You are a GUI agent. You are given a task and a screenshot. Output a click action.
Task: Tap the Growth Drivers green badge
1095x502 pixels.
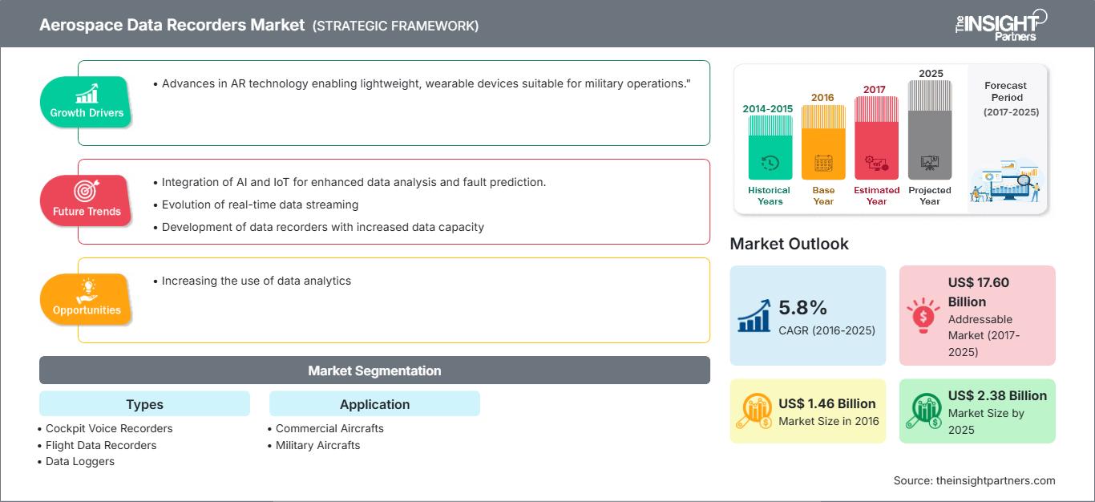86,102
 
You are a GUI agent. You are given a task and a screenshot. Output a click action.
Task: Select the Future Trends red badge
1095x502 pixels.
86,200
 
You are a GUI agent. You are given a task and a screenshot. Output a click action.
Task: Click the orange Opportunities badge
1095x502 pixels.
86,299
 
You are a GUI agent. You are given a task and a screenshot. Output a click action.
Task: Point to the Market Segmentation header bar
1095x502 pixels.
374,370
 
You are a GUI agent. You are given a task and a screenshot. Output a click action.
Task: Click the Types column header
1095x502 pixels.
144,404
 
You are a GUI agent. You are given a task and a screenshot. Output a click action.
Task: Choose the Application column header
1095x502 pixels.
374,404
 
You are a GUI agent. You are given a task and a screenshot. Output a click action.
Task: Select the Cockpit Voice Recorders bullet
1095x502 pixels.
109,428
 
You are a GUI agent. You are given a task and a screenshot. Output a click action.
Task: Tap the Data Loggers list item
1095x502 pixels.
80,461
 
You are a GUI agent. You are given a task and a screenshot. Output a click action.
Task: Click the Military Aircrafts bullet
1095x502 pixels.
317,445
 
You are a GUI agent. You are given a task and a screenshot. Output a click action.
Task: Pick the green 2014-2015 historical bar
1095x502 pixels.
770,148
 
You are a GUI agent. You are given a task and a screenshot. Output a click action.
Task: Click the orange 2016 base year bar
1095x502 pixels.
823,143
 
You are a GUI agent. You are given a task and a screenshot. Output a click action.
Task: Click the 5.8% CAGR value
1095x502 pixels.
802,307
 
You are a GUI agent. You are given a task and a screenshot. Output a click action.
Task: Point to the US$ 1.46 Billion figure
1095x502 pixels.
826,403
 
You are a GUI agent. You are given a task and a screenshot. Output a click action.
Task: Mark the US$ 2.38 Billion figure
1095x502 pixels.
997,395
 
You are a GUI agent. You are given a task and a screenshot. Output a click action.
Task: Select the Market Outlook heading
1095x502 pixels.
789,244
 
